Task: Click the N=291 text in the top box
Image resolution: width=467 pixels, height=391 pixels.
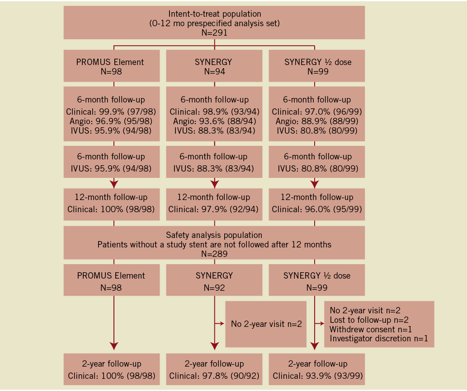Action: (x=214, y=33)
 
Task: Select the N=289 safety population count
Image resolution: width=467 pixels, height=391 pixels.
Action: (x=214, y=254)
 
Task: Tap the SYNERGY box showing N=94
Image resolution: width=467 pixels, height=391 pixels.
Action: (x=214, y=66)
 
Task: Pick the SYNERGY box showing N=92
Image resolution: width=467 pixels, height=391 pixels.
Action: (x=214, y=280)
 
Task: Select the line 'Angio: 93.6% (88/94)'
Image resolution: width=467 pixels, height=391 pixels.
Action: (x=214, y=121)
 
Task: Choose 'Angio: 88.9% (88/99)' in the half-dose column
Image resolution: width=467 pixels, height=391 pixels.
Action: (x=316, y=121)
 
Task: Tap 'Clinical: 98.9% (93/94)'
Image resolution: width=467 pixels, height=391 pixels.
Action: (x=214, y=111)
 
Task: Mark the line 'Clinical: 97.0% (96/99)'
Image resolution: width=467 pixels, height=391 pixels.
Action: (x=316, y=111)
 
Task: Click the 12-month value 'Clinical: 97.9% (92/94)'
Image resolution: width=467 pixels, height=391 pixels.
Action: (x=214, y=209)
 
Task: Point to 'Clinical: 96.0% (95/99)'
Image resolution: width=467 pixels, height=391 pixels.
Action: (x=316, y=209)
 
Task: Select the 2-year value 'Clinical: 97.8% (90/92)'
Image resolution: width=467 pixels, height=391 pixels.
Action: (x=214, y=375)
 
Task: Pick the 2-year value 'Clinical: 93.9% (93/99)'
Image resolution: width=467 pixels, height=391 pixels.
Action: (x=316, y=375)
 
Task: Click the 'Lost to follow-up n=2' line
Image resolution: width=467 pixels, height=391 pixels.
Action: (x=369, y=320)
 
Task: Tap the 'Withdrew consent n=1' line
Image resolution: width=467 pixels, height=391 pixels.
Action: (x=371, y=329)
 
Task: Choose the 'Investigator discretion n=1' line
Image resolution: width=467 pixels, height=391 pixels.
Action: (x=379, y=339)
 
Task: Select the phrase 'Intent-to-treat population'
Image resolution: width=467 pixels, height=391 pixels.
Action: (x=214, y=14)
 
